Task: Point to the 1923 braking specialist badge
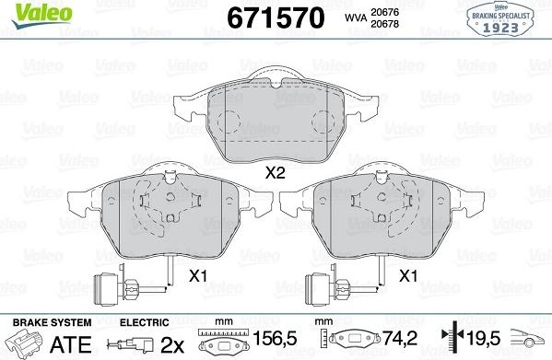(504, 19)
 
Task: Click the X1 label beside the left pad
(196, 274)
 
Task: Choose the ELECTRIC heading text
(144, 321)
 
